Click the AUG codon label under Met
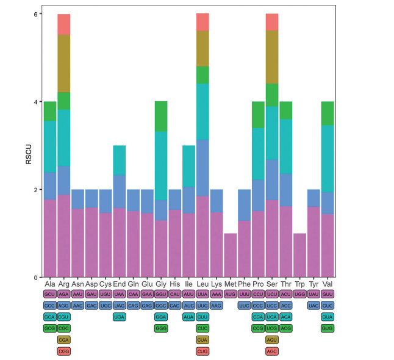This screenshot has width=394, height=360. point(230,294)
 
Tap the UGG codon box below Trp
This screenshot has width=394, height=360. point(300,294)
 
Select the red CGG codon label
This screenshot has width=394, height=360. point(64,351)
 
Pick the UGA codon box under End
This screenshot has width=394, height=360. point(120,317)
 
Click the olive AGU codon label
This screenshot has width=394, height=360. point(272,340)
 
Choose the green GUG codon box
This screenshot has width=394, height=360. point(328,328)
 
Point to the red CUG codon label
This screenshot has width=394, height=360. point(202,351)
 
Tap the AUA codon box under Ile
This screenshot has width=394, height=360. point(188,317)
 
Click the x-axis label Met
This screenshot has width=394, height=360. point(230,284)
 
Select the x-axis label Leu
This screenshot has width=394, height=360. point(202,284)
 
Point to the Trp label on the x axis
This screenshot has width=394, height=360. point(300,284)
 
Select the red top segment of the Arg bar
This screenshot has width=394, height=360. point(64,24)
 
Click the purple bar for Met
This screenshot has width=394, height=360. point(230,255)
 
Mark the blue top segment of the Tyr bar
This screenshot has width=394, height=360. point(314,198)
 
